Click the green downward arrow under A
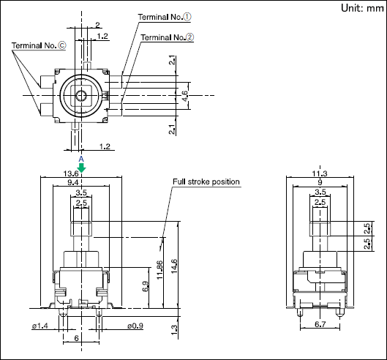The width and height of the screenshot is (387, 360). [81, 168]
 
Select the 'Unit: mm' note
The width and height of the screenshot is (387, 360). [362, 8]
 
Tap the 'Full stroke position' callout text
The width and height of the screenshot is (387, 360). [206, 181]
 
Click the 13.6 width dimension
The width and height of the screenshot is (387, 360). [71, 173]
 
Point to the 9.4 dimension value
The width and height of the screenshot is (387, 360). [73, 182]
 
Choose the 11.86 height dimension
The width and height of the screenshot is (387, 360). [159, 269]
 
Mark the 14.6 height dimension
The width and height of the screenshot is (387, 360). [174, 266]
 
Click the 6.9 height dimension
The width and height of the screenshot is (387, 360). [146, 286]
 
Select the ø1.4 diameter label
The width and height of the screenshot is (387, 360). [40, 326]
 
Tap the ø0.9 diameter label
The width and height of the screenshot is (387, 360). [135, 326]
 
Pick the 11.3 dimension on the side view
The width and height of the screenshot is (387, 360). [320, 173]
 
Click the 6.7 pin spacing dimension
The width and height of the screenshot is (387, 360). [320, 324]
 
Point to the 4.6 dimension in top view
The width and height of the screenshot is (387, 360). [184, 96]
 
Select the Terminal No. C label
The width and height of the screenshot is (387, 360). [39, 45]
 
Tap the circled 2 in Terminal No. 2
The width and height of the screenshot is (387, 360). [189, 37]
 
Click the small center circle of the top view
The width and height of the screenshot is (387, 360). [81, 96]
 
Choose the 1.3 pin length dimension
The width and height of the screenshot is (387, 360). [174, 330]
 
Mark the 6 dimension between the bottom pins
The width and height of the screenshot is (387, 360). [76, 338]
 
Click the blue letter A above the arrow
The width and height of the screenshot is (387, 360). [81, 159]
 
